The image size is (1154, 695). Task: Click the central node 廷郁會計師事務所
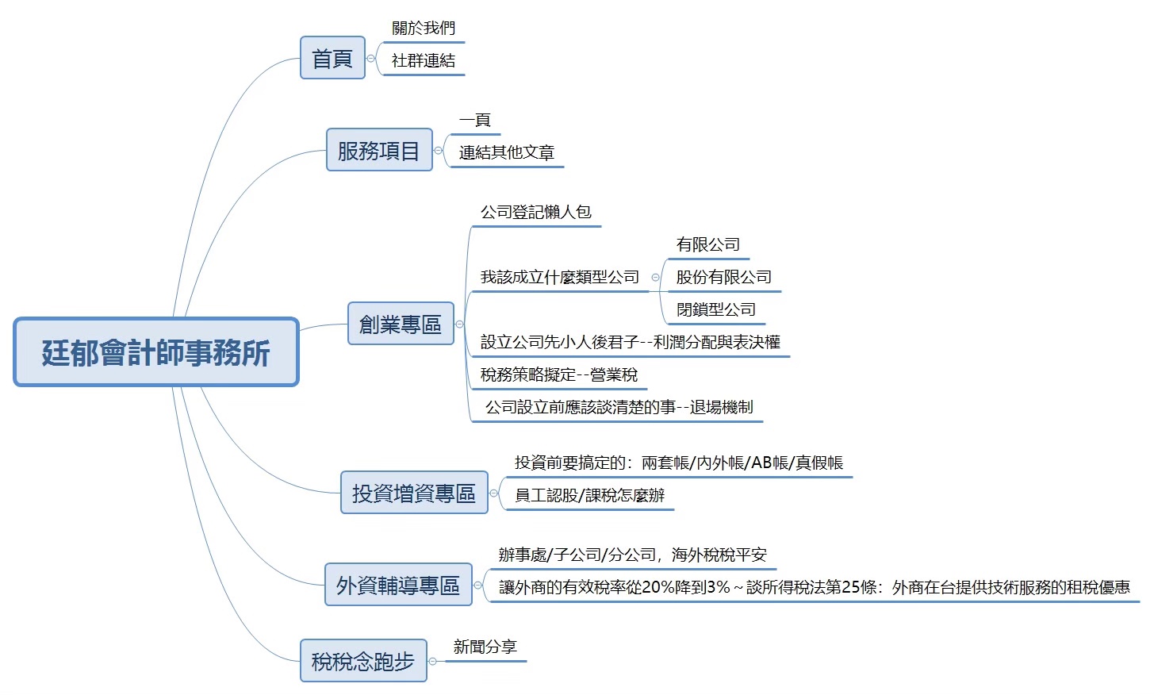point(156,352)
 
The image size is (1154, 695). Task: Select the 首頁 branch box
point(332,58)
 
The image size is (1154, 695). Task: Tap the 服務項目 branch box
point(379,150)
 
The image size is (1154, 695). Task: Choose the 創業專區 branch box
point(401,324)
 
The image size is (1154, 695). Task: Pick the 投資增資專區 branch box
point(414,493)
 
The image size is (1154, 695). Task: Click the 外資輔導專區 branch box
point(398,585)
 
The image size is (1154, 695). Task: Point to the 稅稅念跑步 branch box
point(363,660)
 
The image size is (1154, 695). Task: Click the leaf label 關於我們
point(424,29)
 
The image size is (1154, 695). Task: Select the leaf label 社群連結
point(424,61)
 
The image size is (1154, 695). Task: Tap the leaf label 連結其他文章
point(507,152)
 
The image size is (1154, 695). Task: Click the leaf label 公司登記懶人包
point(536,212)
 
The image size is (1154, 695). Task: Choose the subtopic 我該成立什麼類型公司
point(560,277)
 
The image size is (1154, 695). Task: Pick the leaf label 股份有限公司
point(724,277)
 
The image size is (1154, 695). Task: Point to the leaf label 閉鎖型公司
point(716,309)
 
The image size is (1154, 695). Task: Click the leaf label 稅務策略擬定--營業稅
point(559,374)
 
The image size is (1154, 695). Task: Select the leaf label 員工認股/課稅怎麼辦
point(589,495)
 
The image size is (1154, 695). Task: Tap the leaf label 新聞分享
point(485,647)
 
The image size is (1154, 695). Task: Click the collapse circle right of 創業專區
point(459,324)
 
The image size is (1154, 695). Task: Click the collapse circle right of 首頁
point(370,58)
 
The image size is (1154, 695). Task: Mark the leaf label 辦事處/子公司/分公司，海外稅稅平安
point(633,555)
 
